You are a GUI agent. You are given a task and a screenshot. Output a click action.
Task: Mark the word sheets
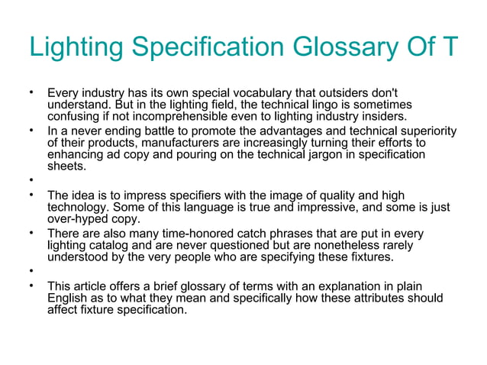point(67,167)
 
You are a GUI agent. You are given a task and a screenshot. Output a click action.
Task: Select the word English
point(69,299)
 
